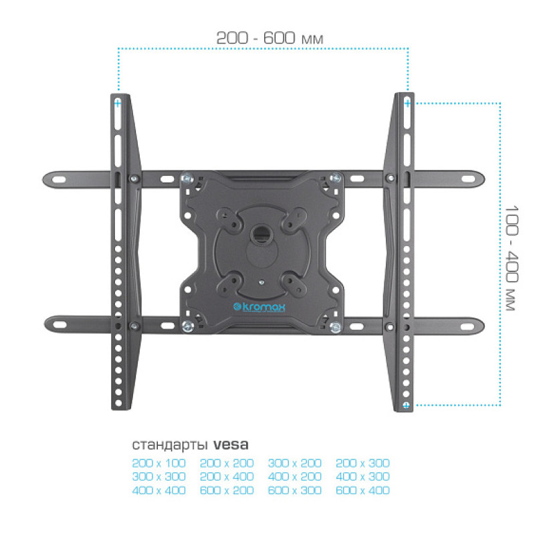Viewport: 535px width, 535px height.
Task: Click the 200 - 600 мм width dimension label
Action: point(270,38)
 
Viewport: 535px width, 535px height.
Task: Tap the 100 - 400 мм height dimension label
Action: point(512,258)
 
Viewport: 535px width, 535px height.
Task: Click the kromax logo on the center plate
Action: point(259,307)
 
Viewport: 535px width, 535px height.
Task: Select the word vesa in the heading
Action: point(231,445)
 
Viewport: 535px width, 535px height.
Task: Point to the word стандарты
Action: point(170,445)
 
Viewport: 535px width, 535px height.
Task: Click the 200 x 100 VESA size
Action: point(158,463)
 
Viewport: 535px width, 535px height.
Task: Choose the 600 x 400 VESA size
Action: point(362,490)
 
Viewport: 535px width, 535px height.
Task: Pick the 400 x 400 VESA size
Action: point(158,490)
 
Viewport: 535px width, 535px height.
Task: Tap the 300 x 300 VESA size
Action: point(158,477)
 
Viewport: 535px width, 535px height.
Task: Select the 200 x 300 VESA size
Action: point(362,463)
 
